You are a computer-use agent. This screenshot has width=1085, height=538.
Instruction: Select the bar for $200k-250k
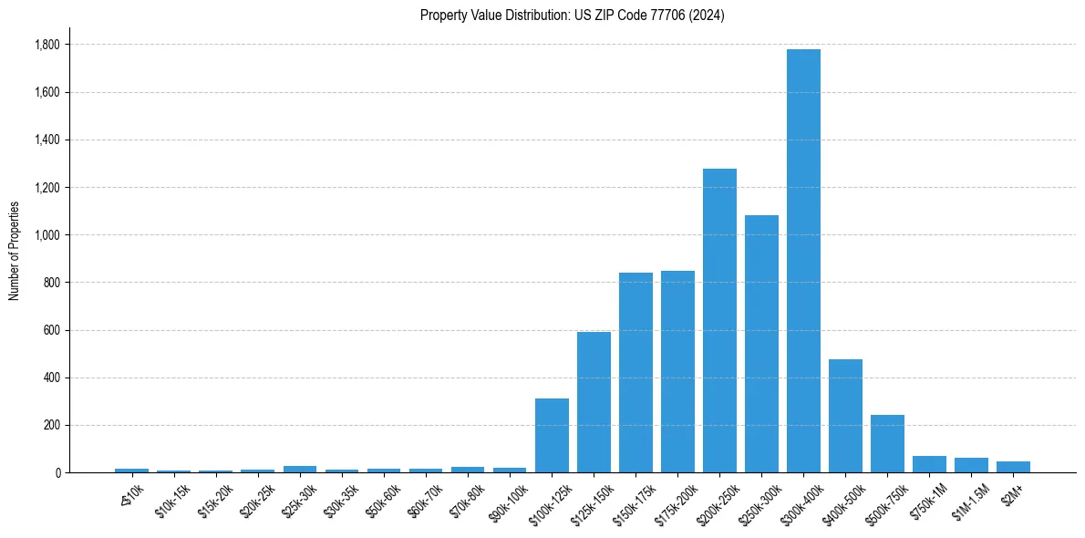click(x=719, y=320)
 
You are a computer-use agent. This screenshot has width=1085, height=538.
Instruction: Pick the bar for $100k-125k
click(x=552, y=435)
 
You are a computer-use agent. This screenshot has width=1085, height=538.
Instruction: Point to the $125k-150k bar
click(x=594, y=402)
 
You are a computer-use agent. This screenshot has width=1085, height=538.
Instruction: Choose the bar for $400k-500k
click(x=845, y=416)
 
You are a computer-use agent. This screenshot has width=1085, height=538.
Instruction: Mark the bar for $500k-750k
click(x=887, y=443)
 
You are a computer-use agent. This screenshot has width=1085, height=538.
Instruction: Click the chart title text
click(x=572, y=16)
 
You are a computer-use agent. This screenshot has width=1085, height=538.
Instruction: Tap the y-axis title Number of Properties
click(x=15, y=251)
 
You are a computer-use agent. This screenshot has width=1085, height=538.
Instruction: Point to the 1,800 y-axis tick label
click(x=46, y=45)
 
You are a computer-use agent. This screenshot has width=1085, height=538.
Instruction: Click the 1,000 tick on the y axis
click(x=46, y=235)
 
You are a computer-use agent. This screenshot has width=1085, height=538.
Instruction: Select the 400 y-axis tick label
click(x=51, y=378)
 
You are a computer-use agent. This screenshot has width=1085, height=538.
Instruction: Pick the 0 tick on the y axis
click(x=58, y=472)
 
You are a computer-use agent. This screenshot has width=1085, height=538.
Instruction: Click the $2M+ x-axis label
click(x=1009, y=493)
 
